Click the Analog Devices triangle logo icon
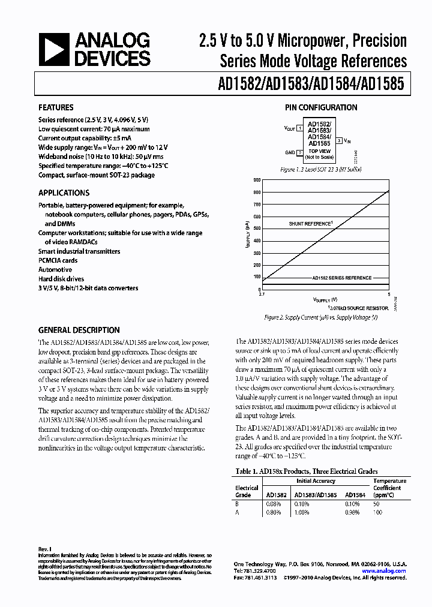tap(53, 50)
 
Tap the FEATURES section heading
tap(56, 108)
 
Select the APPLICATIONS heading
tap(64, 193)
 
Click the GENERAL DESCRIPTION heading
tap(79, 330)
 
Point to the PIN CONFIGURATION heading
tap(320, 108)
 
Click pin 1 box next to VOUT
tap(299, 128)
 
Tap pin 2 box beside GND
tap(299, 152)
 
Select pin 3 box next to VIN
tap(340, 140)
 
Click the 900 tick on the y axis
tap(257, 180)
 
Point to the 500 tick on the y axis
tap(257, 229)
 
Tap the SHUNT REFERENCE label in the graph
tap(310, 224)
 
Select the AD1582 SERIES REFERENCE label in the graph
tap(341, 278)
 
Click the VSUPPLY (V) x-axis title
tap(325, 299)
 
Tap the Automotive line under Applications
tap(55, 270)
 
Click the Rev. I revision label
tap(44, 549)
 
